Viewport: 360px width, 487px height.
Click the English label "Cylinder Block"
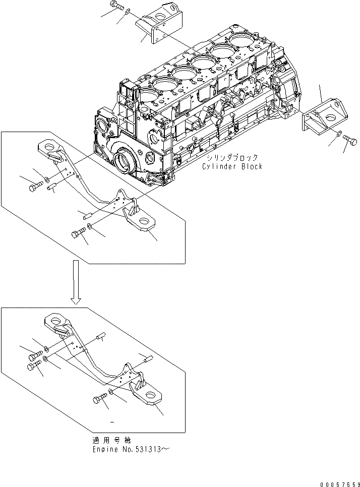point(232,166)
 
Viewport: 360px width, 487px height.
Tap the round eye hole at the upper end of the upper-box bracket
point(49,147)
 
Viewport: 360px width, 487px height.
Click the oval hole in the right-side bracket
point(330,118)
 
